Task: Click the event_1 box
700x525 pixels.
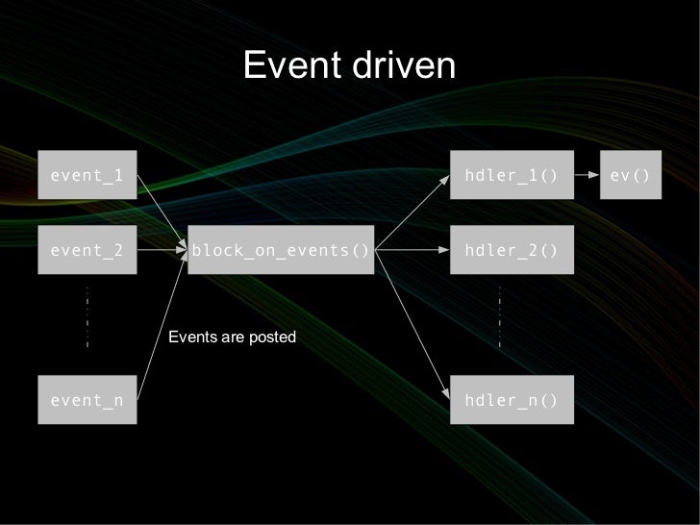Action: point(87,176)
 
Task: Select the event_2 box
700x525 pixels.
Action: point(87,251)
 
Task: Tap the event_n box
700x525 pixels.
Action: point(87,400)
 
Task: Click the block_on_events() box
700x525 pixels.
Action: point(281,251)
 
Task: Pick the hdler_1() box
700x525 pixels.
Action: point(511,176)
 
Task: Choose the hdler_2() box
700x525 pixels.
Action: point(511,251)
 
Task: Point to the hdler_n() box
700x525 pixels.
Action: point(511,400)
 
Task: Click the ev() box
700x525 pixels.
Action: point(630,176)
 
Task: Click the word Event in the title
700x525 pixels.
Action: point(285,66)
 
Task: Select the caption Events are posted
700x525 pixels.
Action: point(233,337)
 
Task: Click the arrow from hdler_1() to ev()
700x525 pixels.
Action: point(586,176)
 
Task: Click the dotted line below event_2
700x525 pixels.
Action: point(87,315)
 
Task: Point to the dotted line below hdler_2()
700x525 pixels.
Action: point(500,315)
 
